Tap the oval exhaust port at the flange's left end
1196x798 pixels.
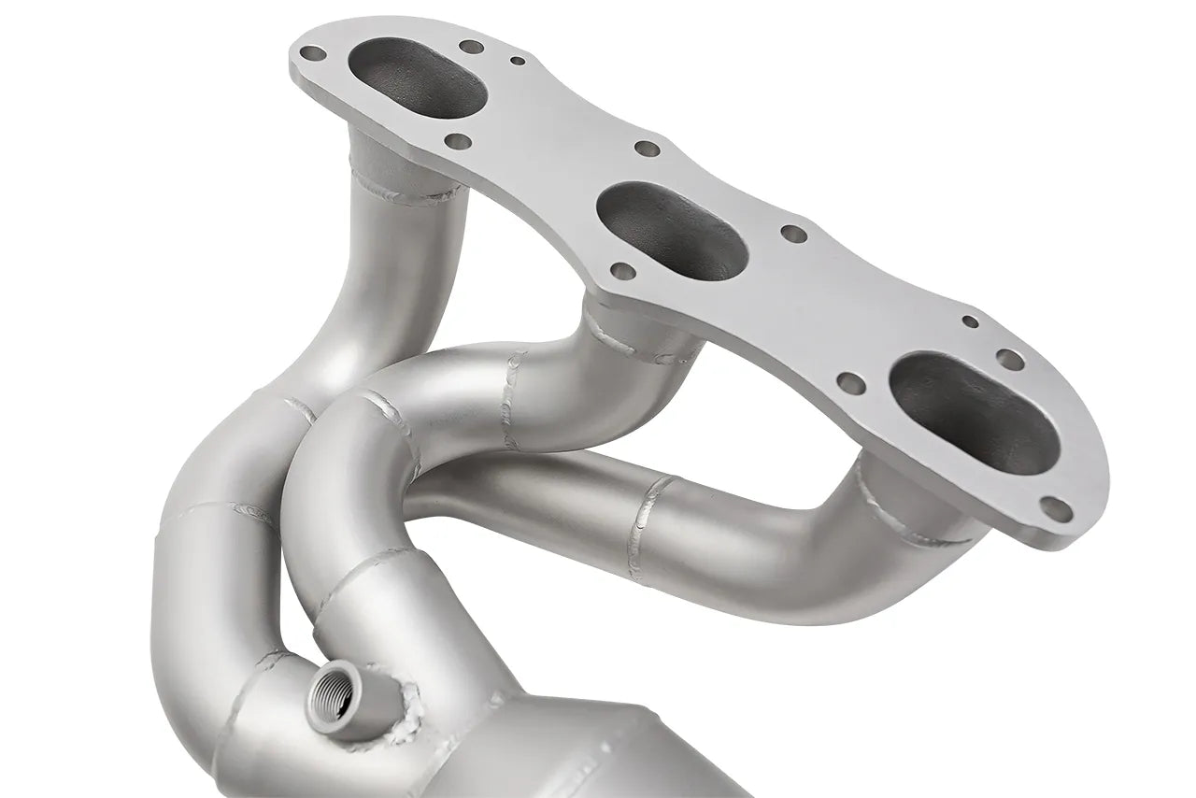coord(417,76)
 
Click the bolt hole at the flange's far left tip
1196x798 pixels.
coord(311,53)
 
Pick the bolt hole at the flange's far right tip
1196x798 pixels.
coord(1054,507)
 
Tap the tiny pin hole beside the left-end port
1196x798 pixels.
coord(517,61)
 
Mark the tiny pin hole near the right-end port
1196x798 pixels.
coord(970,322)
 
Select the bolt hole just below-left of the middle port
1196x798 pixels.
coord(620,271)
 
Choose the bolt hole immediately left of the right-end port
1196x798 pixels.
coord(849,381)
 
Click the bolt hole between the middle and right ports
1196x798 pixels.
coord(793,234)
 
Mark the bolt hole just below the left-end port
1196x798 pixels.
coord(458,142)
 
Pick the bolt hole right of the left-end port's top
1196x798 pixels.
coord(472,46)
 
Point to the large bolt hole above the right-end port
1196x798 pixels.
coord(1009,358)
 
